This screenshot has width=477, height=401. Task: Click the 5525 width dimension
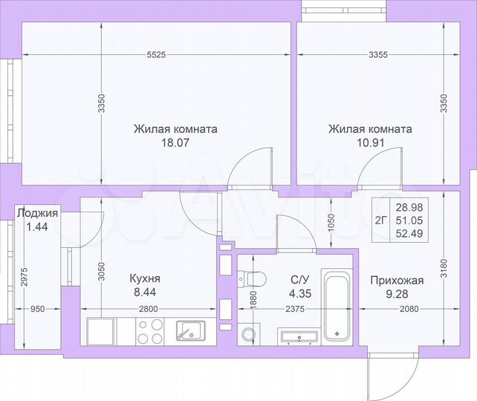point(155,54)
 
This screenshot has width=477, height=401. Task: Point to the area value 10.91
point(370,143)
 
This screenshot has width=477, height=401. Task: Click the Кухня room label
point(145,278)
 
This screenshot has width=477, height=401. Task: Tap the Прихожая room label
point(397,280)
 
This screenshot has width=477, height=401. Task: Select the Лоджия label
point(37,213)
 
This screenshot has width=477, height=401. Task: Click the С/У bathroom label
point(299,279)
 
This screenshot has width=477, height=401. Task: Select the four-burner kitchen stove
point(150,330)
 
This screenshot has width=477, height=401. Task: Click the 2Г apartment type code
point(380,219)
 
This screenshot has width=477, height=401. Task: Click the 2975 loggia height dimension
point(25,276)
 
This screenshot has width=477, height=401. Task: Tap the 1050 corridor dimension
point(332,223)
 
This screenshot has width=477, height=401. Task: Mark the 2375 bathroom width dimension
point(296,309)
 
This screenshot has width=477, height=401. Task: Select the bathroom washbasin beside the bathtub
point(300,337)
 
